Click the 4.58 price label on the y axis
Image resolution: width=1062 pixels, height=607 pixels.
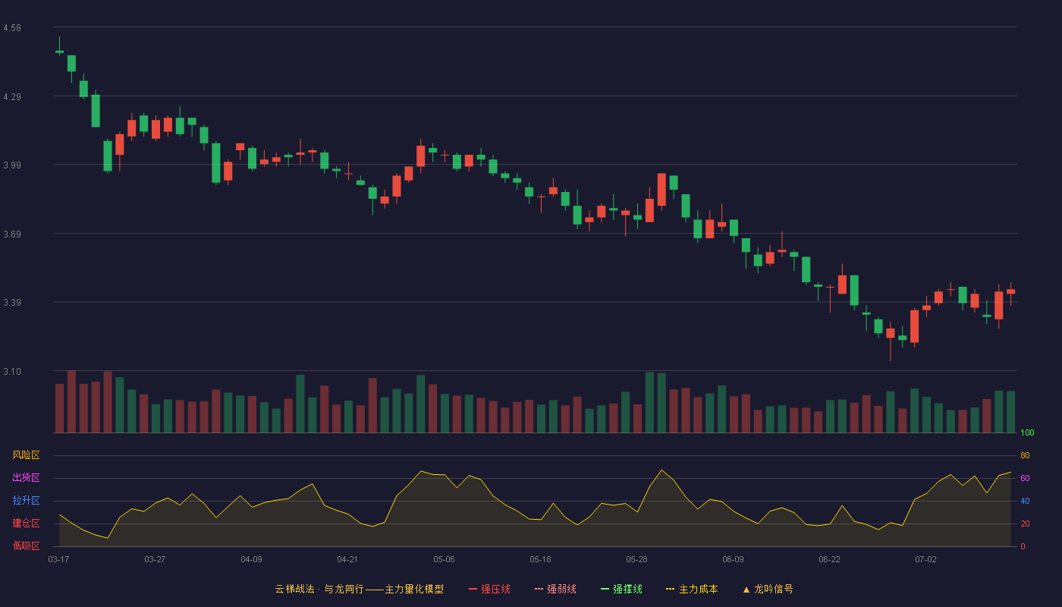coord(12,28)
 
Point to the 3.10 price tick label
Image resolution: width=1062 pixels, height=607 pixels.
coord(12,372)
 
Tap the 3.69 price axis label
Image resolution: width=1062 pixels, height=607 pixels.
coord(12,234)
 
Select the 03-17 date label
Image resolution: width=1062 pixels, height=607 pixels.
coord(59,560)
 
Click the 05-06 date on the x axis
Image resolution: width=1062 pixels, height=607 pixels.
coord(444,560)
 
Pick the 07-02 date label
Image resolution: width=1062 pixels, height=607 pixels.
coord(925,560)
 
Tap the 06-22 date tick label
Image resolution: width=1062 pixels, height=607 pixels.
coord(829,560)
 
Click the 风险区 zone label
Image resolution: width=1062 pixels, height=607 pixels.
coord(26,455)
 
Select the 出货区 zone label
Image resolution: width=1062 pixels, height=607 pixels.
coord(26,477)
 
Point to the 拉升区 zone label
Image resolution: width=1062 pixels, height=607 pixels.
coord(26,500)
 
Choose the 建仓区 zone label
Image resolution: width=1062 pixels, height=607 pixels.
coord(26,523)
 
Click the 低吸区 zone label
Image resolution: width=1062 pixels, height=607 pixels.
coord(26,546)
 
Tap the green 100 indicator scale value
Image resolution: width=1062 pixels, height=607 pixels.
coord(1027,432)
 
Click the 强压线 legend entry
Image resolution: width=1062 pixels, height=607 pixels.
coord(489,589)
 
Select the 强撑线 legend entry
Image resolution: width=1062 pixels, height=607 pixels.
coord(621,589)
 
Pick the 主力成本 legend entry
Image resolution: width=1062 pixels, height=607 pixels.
coord(692,589)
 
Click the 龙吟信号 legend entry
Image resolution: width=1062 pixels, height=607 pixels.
coord(768,589)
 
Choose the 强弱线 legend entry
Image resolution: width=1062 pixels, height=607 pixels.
coord(555,589)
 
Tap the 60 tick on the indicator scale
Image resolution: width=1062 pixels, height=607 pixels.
coord(1025,478)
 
